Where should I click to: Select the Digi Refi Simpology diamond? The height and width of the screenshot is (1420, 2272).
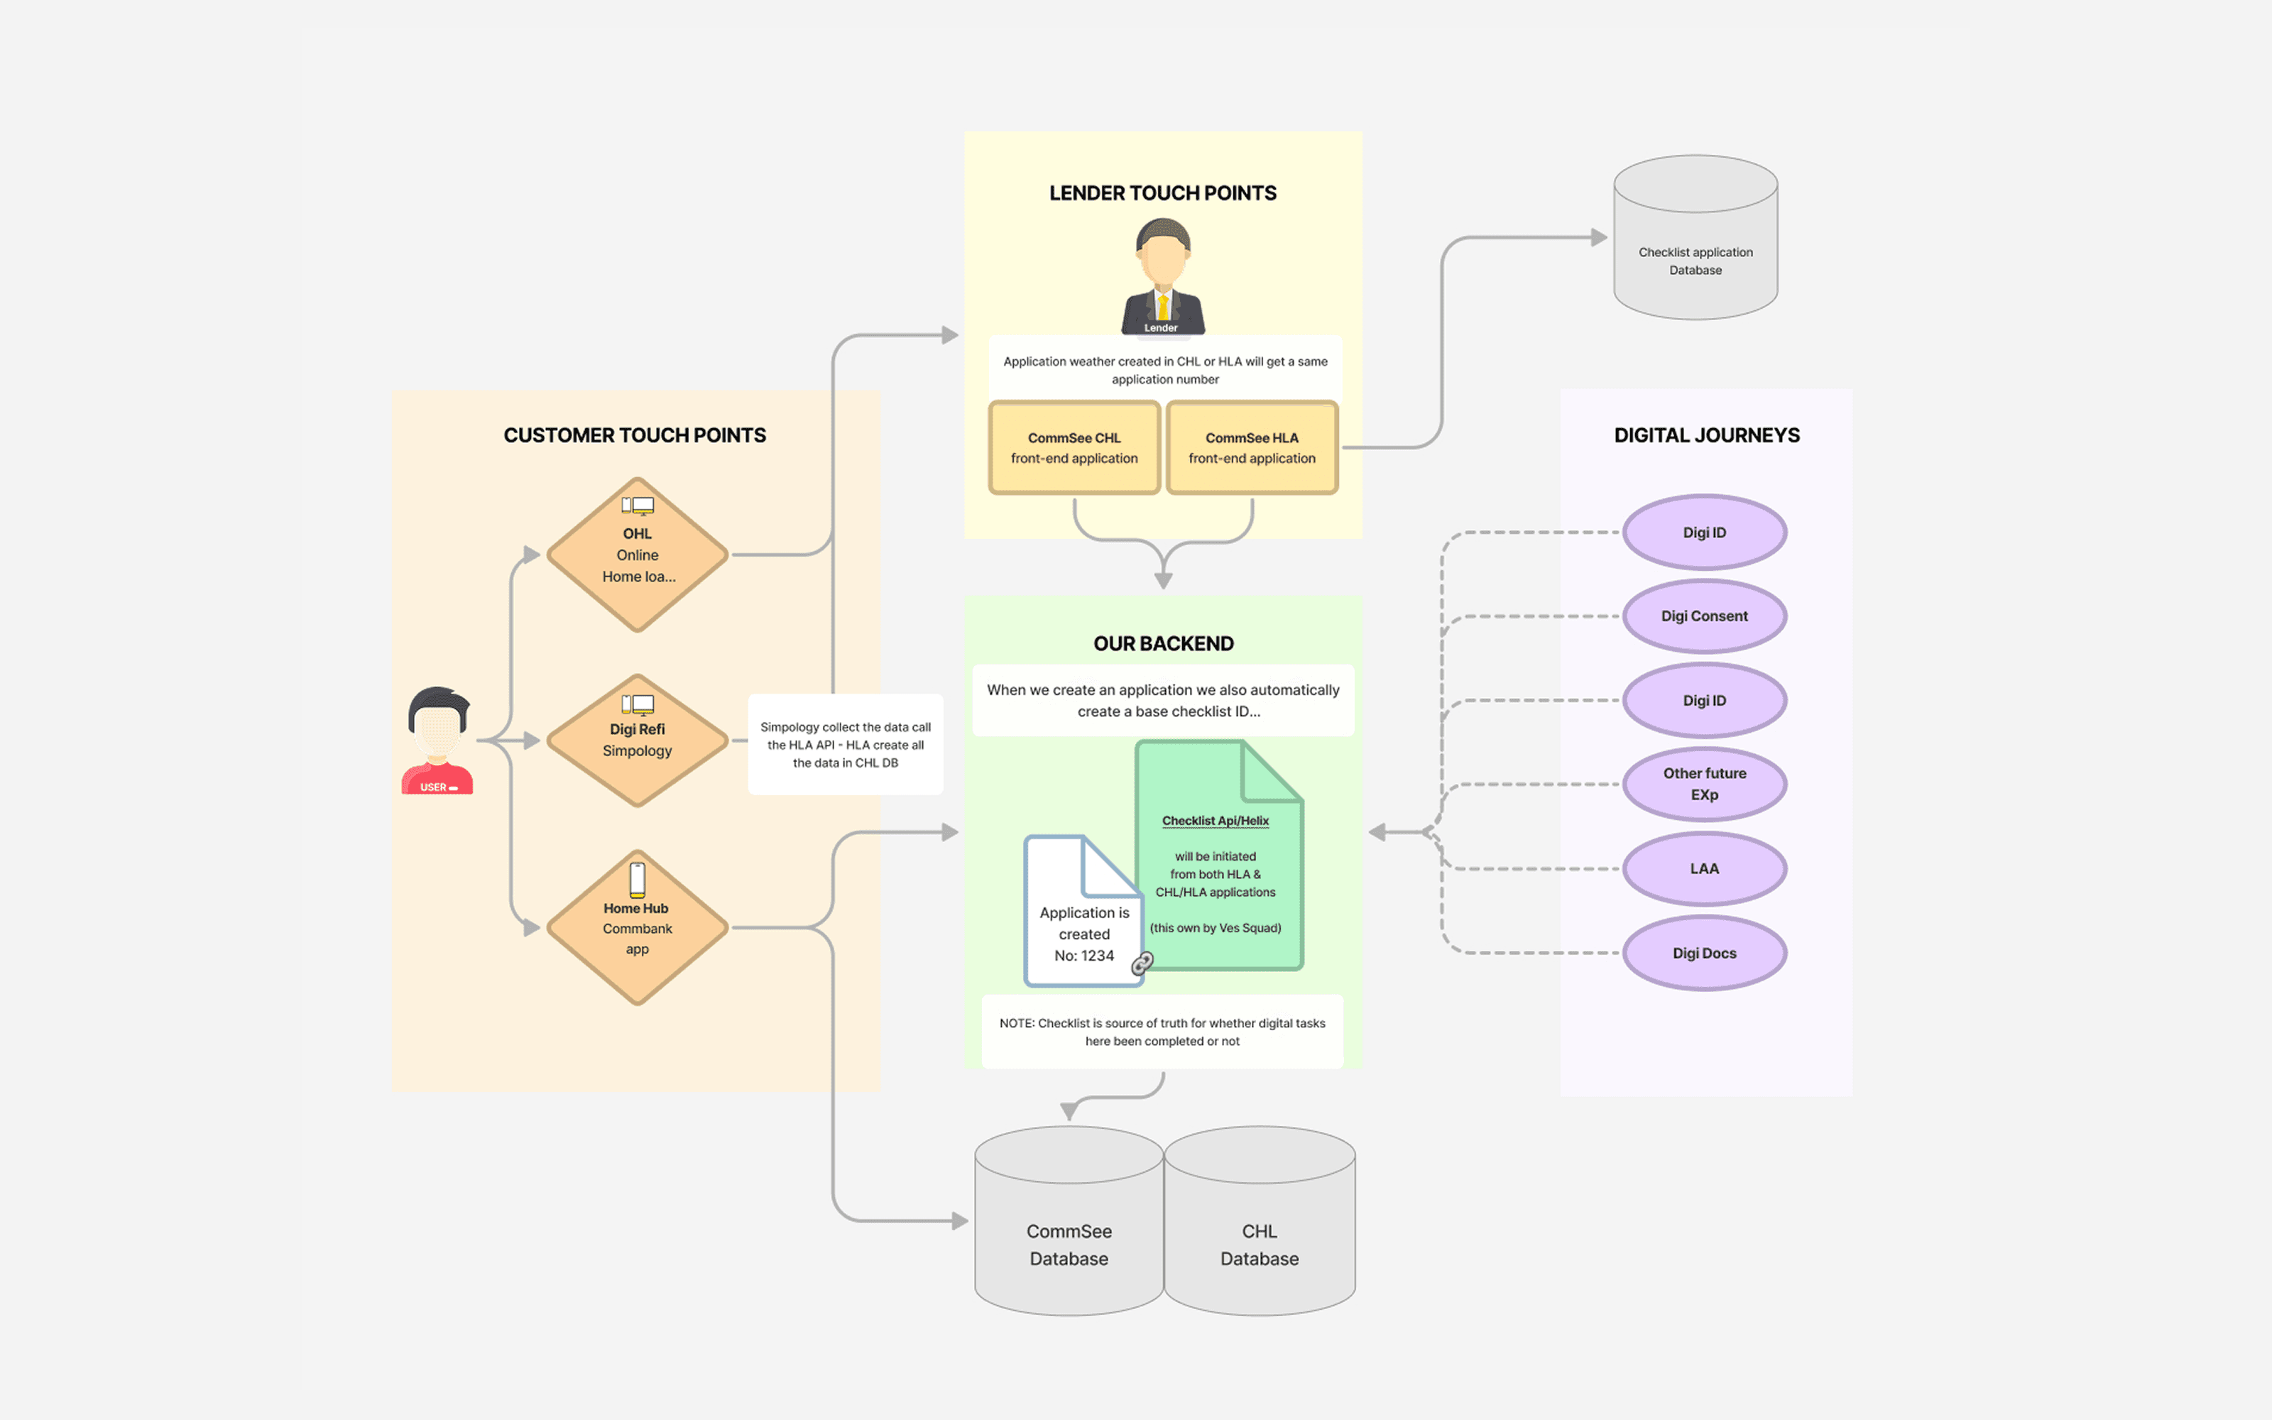[x=638, y=740]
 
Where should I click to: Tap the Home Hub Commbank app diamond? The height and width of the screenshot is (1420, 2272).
[x=638, y=928]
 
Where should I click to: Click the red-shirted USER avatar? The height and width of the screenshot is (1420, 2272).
[x=437, y=742]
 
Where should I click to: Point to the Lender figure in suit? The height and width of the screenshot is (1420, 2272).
[x=1162, y=277]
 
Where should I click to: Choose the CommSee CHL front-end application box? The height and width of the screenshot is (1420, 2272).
[x=1074, y=448]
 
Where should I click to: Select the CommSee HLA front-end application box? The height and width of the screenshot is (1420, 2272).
[x=1252, y=448]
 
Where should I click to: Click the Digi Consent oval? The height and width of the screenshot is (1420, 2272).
[x=1704, y=616]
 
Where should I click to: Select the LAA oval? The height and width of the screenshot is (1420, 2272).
[x=1704, y=869]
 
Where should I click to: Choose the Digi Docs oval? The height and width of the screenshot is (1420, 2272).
[x=1704, y=954]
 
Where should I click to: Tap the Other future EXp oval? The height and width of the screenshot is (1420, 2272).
[x=1704, y=784]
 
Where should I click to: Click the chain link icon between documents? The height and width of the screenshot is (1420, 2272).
[x=1142, y=963]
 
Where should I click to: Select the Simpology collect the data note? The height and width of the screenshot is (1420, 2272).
[x=845, y=745]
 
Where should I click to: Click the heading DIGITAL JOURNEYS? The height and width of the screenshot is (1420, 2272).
[x=1706, y=435]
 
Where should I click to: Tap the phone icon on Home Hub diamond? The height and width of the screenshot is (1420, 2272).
[x=638, y=879]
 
